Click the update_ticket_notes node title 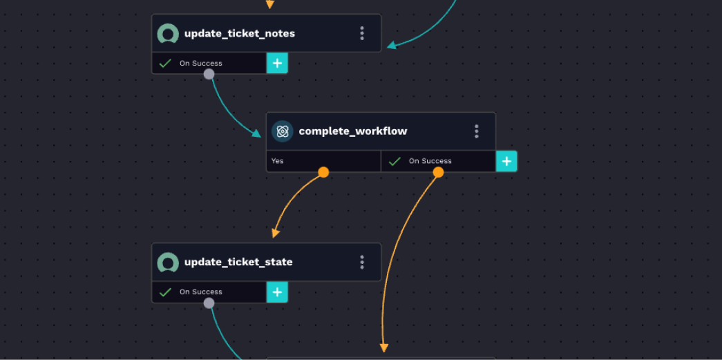point(239,33)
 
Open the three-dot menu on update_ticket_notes point(362,33)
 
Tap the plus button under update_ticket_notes point(277,63)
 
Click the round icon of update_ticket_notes point(168,33)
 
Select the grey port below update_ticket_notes point(209,74)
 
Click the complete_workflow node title point(352,131)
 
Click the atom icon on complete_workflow point(282,131)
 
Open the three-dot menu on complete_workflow point(476,131)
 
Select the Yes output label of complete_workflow point(278,161)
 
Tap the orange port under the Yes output point(323,172)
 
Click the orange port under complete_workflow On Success point(438,172)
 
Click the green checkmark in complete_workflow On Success point(395,161)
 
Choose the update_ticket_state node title point(238,262)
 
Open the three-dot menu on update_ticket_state point(362,262)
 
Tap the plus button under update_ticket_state point(277,292)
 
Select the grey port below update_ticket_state point(209,303)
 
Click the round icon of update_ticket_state point(168,262)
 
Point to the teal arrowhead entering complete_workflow point(256,133)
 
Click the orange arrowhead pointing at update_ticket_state point(276,234)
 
